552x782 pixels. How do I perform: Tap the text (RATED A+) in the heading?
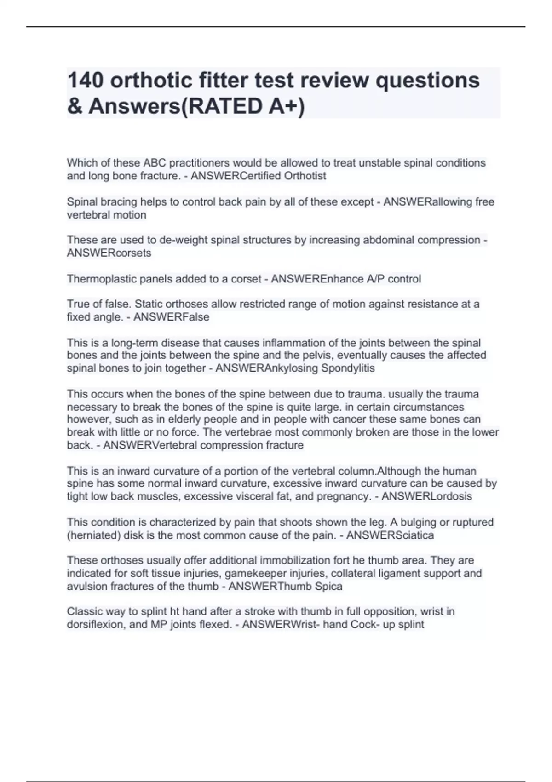[240, 106]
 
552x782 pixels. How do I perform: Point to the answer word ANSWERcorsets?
[109, 253]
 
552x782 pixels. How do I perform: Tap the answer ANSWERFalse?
[171, 317]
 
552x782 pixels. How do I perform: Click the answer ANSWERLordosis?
[426, 496]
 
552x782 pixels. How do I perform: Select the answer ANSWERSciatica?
[390, 535]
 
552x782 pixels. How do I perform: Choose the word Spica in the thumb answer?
[328, 586]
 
